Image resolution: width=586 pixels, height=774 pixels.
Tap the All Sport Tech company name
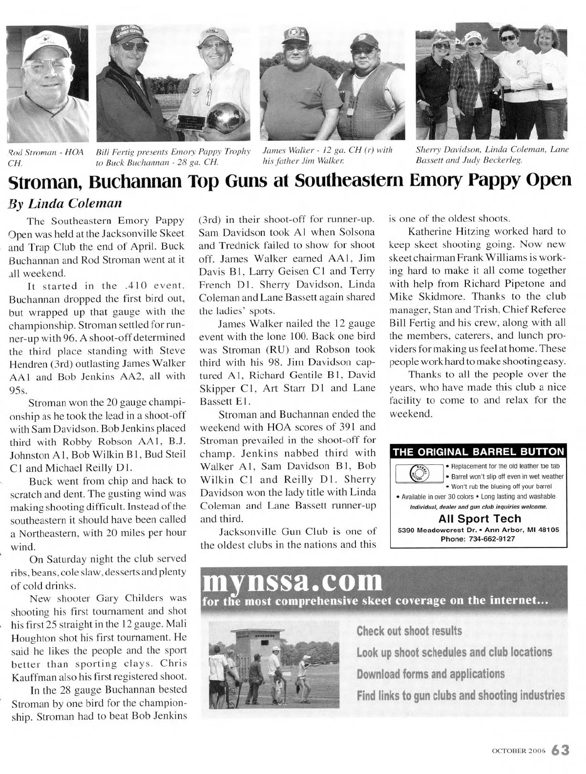tap(480, 519)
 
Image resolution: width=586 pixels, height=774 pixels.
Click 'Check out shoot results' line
tap(409, 630)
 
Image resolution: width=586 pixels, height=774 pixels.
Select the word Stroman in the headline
tap(46, 182)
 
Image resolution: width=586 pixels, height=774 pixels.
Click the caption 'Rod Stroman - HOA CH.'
tap(46, 156)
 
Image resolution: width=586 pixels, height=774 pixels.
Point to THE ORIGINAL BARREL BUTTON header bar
tap(478, 452)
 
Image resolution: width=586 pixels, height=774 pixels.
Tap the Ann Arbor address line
tap(479, 530)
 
